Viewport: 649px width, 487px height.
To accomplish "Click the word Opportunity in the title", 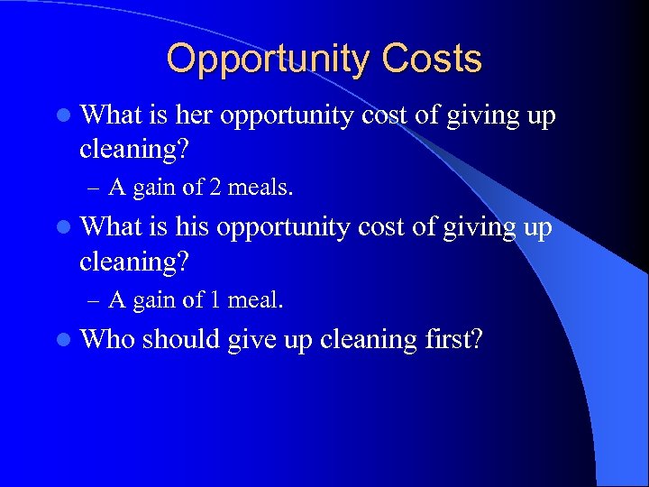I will [x=268, y=60].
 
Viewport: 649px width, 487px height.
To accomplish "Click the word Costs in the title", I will [x=431, y=60].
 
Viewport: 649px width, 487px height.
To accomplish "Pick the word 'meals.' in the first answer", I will [x=261, y=188].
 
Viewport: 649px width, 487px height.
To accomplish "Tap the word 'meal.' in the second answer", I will [x=257, y=299].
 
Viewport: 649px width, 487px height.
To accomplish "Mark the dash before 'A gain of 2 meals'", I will [x=95, y=188].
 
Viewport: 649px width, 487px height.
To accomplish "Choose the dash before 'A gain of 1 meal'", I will [x=95, y=299].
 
